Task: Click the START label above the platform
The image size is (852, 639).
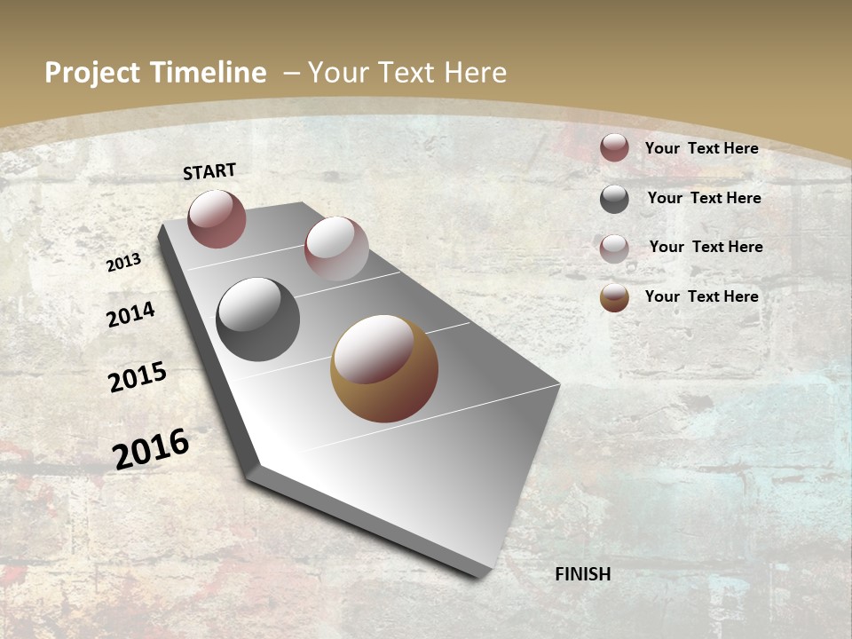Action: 209,170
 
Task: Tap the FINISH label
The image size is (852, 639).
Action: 583,574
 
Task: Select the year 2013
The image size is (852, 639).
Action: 124,262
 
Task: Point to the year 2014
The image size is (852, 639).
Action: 131,314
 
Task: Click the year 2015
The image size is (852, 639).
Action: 138,377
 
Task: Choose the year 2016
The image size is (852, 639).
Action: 151,448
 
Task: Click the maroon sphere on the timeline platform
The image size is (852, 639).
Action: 217,218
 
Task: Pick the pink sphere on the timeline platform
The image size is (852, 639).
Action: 336,248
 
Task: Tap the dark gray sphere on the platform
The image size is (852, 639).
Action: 258,319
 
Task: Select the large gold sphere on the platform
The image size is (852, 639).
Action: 384,368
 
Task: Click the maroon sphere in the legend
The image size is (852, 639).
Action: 614,148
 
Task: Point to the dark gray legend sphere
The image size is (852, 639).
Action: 614,199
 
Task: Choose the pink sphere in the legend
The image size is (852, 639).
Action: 614,248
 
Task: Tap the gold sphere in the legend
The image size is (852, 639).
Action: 614,297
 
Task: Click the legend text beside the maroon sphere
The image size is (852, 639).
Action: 701,148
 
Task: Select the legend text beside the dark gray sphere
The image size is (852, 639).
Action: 704,198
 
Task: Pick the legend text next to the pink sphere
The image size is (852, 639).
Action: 706,247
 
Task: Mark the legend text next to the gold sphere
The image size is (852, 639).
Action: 701,296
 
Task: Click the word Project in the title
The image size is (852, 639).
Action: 94,74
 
